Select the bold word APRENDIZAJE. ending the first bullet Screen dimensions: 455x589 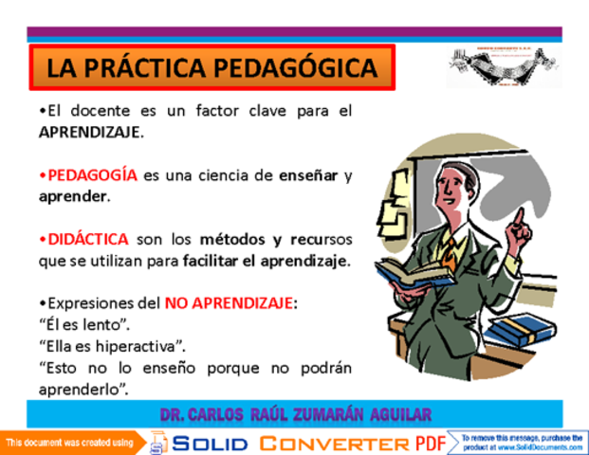[x=91, y=132]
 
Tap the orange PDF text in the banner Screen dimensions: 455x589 [x=433, y=443]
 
